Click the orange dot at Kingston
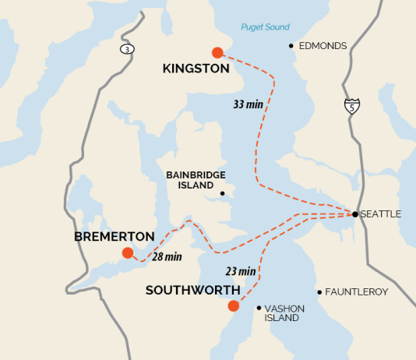click(217, 53)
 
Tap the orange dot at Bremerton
click(128, 252)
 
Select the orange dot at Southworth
click(233, 305)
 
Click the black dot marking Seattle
click(354, 214)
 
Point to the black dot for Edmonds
click(291, 46)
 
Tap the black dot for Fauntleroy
click(319, 292)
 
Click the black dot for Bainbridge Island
click(222, 194)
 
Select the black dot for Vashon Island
click(259, 308)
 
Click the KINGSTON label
click(196, 69)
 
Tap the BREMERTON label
click(114, 236)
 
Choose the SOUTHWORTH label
click(192, 290)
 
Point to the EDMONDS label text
click(323, 46)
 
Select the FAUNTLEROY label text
click(357, 292)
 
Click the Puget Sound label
click(265, 27)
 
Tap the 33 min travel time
click(248, 104)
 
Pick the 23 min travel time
click(241, 271)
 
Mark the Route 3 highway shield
click(126, 49)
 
